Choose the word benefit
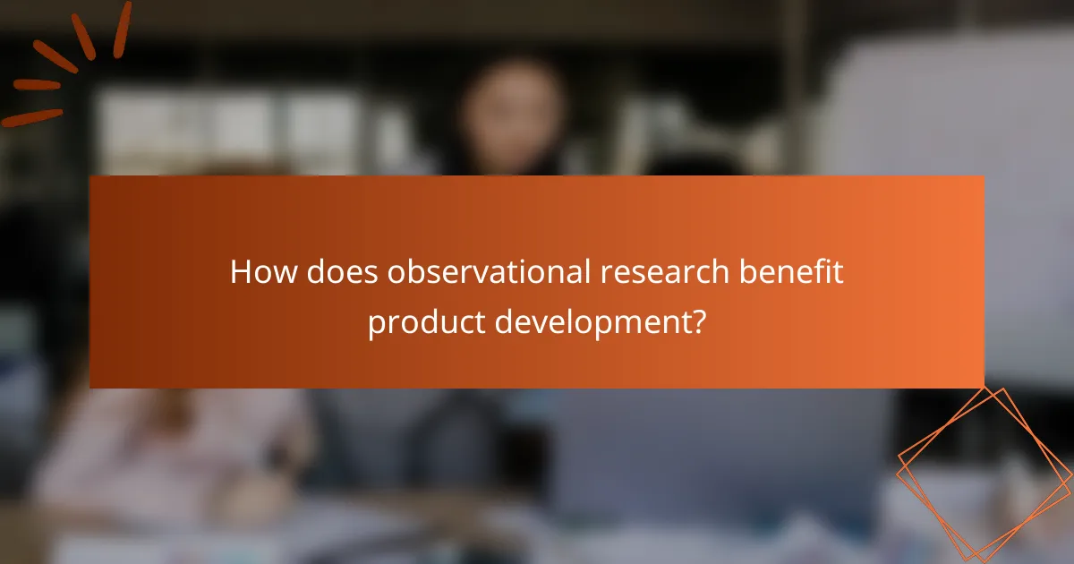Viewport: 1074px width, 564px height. point(788,272)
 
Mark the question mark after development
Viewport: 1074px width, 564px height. point(697,320)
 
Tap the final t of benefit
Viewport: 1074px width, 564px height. point(838,272)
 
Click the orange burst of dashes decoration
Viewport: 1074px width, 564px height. point(67,63)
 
